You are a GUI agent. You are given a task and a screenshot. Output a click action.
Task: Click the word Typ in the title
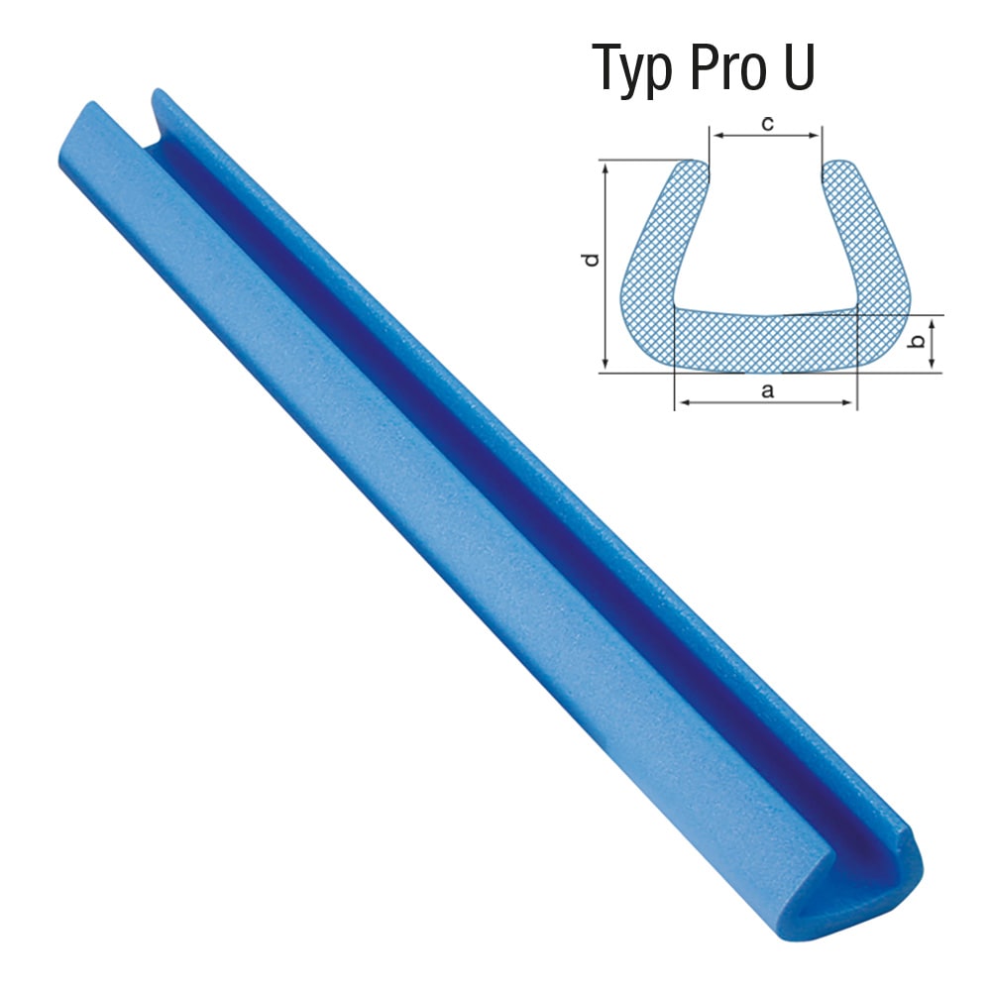tap(632, 70)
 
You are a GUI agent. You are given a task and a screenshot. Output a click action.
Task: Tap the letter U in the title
tap(800, 67)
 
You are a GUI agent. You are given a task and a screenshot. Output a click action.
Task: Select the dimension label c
tap(767, 124)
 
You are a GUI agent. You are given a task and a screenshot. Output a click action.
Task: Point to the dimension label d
tap(591, 260)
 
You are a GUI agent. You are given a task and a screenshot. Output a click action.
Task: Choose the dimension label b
tap(917, 341)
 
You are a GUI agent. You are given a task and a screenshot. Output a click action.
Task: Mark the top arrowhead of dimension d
tap(606, 168)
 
